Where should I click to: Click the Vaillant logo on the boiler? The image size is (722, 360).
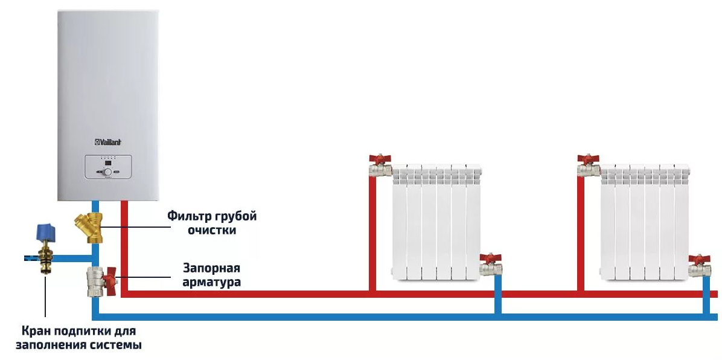pyautogui.click(x=109, y=142)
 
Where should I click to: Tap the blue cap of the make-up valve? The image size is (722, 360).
pyautogui.click(x=45, y=231)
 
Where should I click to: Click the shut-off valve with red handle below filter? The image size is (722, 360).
pyautogui.click(x=98, y=281)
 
